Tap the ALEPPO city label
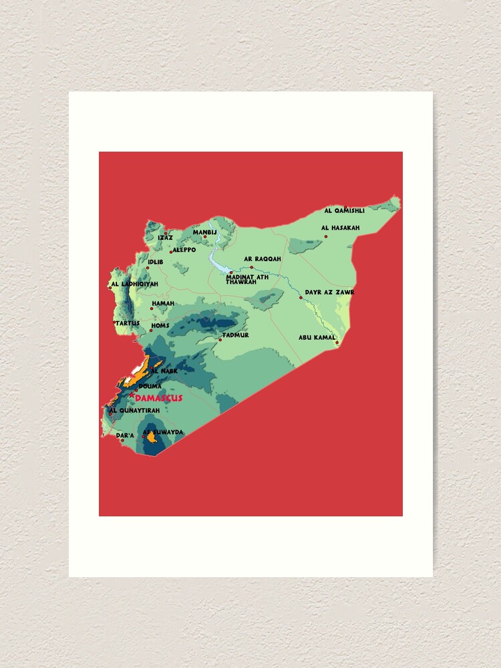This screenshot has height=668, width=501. (x=184, y=250)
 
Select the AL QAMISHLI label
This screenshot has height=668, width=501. (x=344, y=210)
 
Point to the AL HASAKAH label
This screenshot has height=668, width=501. (x=341, y=228)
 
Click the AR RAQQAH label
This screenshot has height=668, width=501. (x=263, y=259)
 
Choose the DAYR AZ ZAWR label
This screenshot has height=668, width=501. (x=329, y=292)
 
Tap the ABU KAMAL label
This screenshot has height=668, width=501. (x=317, y=337)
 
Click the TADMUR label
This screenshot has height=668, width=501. (x=236, y=335)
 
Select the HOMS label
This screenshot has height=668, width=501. (x=160, y=326)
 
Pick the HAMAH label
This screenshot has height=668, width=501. (x=163, y=303)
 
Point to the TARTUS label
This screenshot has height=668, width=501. (x=128, y=323)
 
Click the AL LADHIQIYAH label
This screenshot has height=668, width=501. (x=134, y=284)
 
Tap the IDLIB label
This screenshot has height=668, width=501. (x=156, y=263)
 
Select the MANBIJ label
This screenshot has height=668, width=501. (x=205, y=232)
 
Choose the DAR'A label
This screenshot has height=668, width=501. (x=125, y=435)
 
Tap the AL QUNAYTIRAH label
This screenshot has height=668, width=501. (x=134, y=410)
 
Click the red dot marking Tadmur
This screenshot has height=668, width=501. (x=220, y=340)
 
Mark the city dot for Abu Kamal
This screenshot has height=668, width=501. (x=337, y=343)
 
